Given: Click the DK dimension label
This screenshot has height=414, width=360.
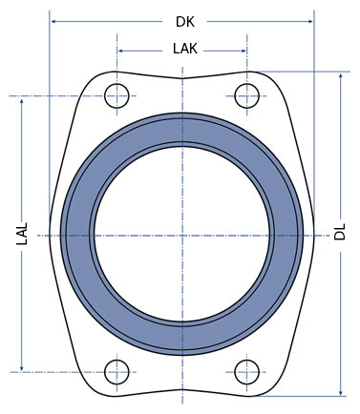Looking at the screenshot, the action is [185, 22].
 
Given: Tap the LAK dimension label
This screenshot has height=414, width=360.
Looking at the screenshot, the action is [185, 49].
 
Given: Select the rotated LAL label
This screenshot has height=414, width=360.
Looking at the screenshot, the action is [22, 234].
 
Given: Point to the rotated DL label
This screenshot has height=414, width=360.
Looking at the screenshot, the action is [339, 232].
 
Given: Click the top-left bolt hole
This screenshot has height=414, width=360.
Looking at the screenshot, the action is [116, 95].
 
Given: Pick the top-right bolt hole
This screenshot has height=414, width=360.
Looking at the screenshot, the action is [246, 95].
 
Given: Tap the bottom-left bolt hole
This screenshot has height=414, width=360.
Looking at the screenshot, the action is [116, 372].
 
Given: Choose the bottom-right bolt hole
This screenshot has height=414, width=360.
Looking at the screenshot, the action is [246, 372].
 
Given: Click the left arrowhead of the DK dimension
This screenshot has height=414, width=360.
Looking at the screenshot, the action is [53, 21].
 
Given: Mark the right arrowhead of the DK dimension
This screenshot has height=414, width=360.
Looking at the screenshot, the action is [310, 21].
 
